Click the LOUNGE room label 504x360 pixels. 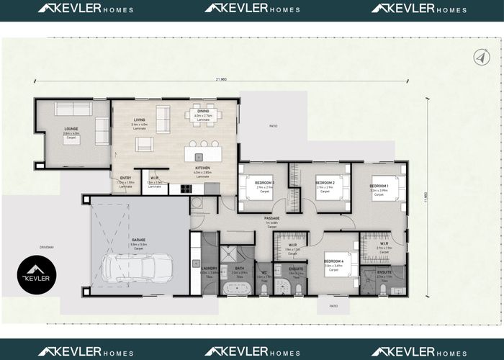click(x=71, y=129)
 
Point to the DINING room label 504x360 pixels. click(x=202, y=111)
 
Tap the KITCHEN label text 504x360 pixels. click(x=202, y=168)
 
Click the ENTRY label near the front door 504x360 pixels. click(x=125, y=179)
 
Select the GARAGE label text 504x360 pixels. click(x=138, y=240)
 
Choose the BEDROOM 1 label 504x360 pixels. click(x=379, y=186)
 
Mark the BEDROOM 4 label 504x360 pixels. click(x=333, y=261)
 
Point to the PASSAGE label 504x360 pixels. click(x=271, y=219)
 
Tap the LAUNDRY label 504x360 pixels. click(x=199, y=268)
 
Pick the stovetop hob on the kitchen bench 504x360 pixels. click(x=186, y=189)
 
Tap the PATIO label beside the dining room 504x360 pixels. click(x=273, y=125)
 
